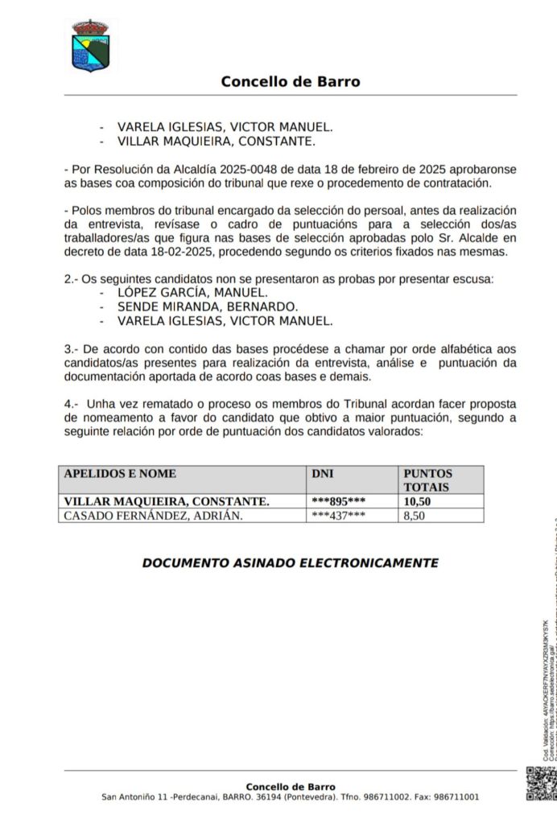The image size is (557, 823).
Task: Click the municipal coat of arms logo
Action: pos(90,46)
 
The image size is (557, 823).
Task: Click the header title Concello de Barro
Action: pos(290,81)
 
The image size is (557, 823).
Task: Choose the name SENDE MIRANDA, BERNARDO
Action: pos(208,307)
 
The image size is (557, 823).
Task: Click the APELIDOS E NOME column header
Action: pos(120,474)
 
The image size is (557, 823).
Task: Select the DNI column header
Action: pos(322,474)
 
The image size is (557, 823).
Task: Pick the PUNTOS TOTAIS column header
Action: pos(427,479)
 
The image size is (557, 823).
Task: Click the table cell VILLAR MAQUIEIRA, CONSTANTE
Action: pos(167,501)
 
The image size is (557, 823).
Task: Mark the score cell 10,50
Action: pos(418,501)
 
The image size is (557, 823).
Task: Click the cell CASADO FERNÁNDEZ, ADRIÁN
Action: pos(153,515)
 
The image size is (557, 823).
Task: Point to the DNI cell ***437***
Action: pos(338,515)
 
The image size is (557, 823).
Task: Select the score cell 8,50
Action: pos(414,515)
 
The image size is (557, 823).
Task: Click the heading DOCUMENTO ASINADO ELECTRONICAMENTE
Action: pos(290,563)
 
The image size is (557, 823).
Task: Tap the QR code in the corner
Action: pos(540,783)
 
